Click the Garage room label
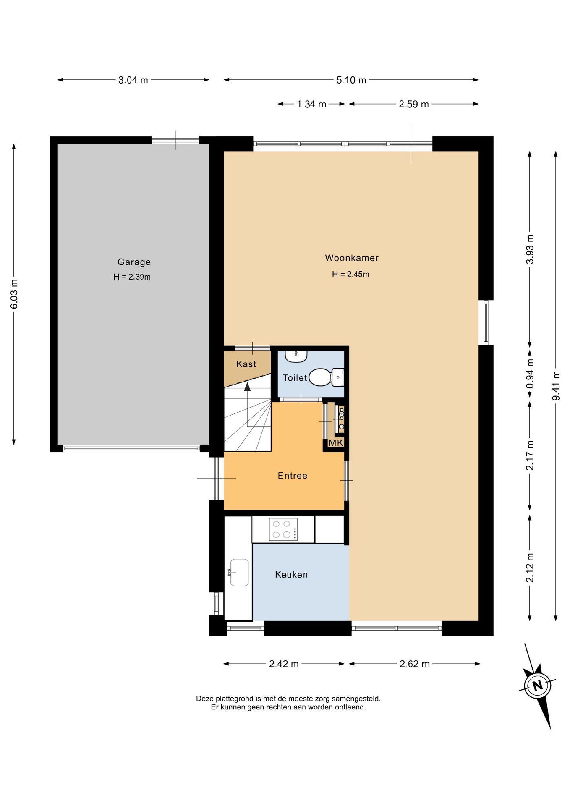click(134, 262)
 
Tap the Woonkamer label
click(352, 258)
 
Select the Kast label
click(246, 364)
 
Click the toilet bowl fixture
click(326, 377)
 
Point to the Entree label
click(293, 476)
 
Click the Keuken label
click(291, 575)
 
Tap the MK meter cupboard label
click(336, 443)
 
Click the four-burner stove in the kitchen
click(283, 529)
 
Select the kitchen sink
click(239, 572)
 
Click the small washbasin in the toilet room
click(296, 356)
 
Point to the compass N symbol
click(538, 686)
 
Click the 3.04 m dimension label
click(133, 80)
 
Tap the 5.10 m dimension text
click(351, 80)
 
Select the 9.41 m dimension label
click(556, 385)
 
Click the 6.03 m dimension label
click(14, 294)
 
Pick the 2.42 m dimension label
click(284, 664)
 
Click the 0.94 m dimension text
click(530, 374)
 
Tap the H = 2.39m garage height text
click(132, 277)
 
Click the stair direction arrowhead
click(248, 387)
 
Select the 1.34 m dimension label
click(311, 104)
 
